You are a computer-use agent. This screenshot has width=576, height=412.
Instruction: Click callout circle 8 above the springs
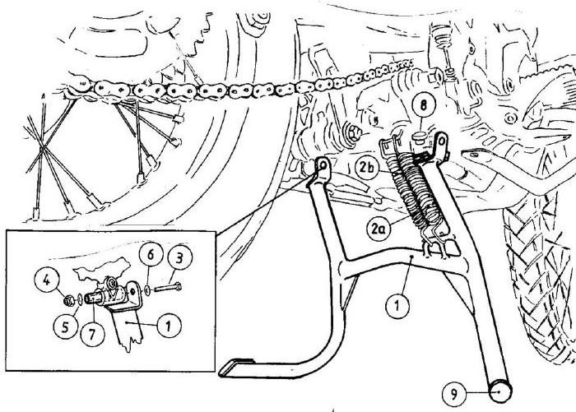[423, 106]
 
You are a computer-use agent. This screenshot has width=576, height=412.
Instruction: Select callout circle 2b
[367, 168]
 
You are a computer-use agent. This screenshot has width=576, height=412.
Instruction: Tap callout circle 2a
[379, 229]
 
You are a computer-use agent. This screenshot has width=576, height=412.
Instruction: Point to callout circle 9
[454, 395]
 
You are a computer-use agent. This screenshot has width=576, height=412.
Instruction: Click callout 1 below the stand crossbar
[397, 305]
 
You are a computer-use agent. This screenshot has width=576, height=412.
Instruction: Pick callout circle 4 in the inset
[47, 281]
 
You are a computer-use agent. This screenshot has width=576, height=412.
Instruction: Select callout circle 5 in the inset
[65, 326]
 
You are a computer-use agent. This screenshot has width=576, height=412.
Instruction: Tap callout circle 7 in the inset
[92, 334]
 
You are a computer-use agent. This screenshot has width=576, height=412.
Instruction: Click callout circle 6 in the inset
[151, 256]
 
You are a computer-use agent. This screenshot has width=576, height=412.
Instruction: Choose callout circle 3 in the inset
[179, 258]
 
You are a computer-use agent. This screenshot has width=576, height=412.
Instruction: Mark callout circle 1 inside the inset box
[169, 325]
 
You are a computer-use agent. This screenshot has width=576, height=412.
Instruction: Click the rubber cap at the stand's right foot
[499, 391]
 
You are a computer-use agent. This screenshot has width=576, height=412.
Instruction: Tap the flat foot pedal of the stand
[237, 368]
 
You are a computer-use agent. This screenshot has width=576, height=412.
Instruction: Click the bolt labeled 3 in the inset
[168, 288]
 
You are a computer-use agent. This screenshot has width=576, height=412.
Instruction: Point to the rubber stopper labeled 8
[418, 139]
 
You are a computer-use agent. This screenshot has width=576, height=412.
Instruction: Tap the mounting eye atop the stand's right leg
[441, 141]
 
